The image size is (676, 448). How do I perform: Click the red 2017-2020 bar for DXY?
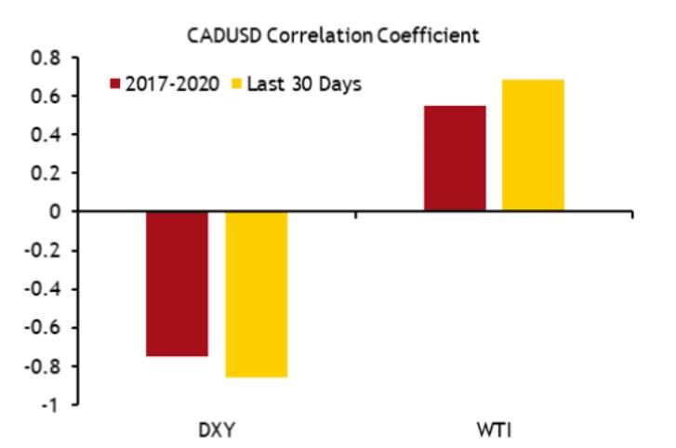pyautogui.click(x=177, y=283)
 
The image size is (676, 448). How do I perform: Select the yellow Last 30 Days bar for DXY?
pyautogui.click(x=256, y=294)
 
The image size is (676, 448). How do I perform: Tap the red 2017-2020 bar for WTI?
pyautogui.click(x=454, y=158)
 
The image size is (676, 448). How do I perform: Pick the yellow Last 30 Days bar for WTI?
pyautogui.click(x=533, y=145)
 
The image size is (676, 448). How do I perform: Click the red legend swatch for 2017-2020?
pyautogui.click(x=115, y=84)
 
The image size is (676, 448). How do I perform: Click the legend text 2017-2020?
pyautogui.click(x=172, y=84)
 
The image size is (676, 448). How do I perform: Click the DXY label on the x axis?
pyautogui.click(x=216, y=430)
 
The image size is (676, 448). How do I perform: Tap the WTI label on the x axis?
pyautogui.click(x=494, y=430)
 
